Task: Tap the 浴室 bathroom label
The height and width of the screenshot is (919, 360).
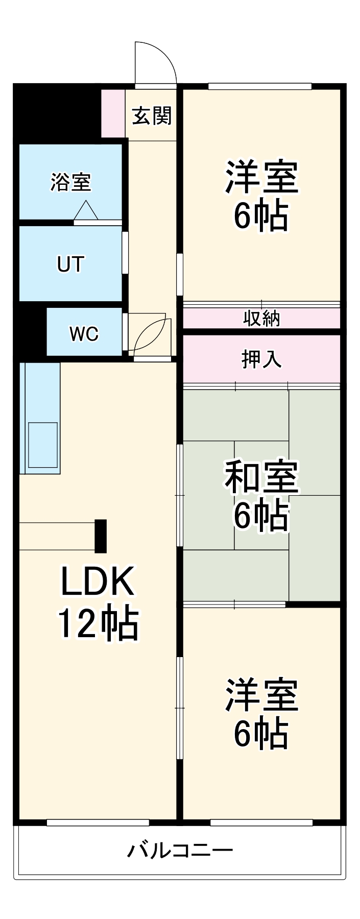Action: point(70,182)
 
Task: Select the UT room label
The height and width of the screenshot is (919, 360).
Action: point(70,264)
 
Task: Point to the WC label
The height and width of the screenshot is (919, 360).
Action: point(84,333)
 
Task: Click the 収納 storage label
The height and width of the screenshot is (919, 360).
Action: point(261,319)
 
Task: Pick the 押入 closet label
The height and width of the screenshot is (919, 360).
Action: point(261,359)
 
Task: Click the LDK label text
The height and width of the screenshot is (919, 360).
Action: point(97,582)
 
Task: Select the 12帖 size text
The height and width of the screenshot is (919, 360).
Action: point(97,623)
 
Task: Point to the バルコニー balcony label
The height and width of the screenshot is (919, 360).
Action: point(180,850)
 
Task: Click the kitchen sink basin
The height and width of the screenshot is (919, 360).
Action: point(43,444)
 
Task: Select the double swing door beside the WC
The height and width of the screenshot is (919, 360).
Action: point(150,334)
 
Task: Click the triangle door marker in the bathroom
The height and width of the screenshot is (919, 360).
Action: point(86,210)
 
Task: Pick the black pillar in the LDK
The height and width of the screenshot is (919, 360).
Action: point(101,536)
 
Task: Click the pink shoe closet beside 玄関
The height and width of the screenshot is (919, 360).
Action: point(113,113)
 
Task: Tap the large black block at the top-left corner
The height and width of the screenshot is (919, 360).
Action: point(54,112)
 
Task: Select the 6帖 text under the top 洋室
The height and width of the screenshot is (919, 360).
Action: point(261,216)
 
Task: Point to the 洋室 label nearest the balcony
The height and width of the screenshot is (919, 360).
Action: point(261,695)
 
